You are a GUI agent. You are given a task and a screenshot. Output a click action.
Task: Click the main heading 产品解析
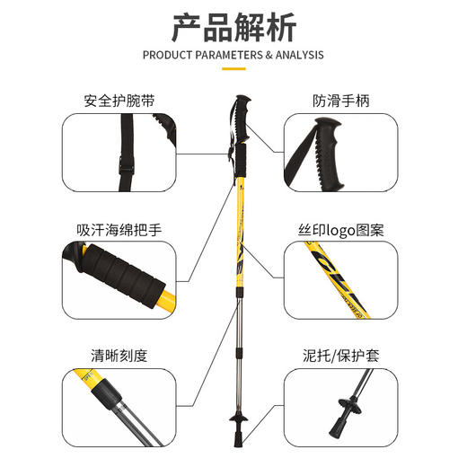pos(233,26)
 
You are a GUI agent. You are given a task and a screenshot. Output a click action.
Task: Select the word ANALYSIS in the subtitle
pos(293,55)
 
